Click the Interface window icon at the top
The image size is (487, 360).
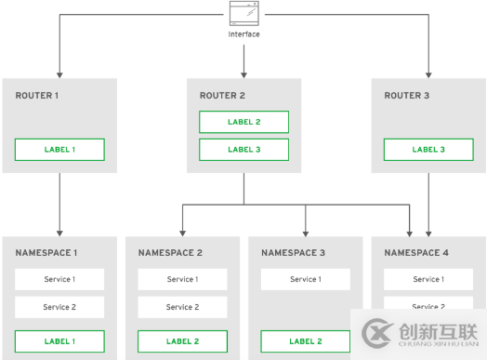(243, 14)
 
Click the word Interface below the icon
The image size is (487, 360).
(243, 34)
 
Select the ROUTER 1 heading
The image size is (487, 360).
(38, 96)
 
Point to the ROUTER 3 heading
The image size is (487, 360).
(406, 96)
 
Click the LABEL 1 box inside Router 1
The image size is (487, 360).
(59, 150)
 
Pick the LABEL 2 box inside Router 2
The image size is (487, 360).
(243, 122)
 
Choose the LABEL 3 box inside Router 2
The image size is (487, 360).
(243, 150)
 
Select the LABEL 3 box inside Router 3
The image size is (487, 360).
(428, 150)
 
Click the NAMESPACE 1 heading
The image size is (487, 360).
(46, 253)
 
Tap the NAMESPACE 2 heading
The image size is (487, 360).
(169, 253)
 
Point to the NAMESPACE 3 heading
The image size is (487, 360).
(292, 253)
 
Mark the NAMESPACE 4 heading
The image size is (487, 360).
(415, 253)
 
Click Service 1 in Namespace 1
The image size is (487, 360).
(59, 279)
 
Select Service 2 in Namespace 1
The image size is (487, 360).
(59, 307)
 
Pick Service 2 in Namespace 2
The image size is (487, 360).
(182, 307)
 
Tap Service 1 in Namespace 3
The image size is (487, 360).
(305, 279)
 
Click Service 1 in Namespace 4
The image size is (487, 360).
(428, 279)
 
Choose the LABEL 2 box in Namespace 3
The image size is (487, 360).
(305, 341)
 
